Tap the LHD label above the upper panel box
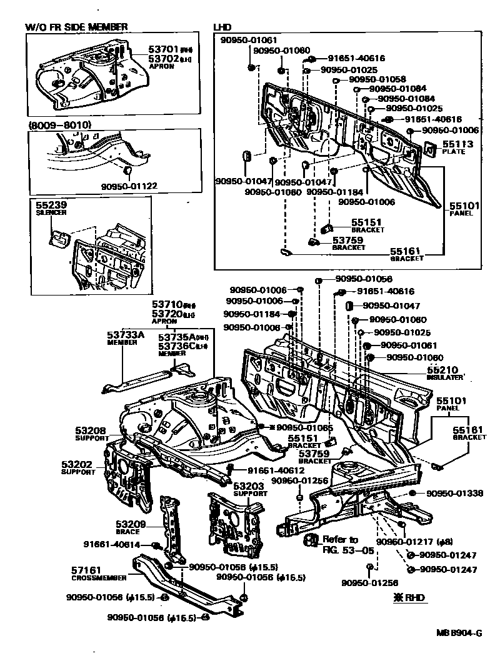pos(222,27)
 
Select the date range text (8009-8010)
pos(60,125)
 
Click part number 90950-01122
pos(129,185)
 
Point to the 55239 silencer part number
pos(51,205)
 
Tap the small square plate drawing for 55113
pos(429,148)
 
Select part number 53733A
pos(126,335)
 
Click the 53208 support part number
pos(91,430)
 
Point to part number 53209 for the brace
pos(131,524)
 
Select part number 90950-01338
pos(455,494)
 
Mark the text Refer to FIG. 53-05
pos(340,544)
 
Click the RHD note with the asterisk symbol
pos(409,597)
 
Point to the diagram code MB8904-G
pos(459,632)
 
